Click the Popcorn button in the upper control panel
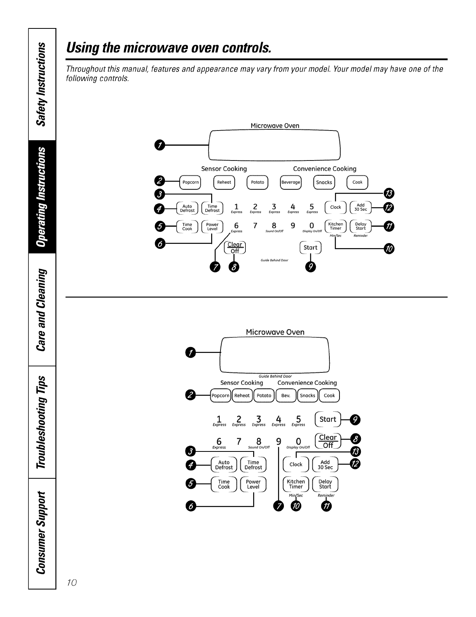191,182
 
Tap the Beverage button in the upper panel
291,182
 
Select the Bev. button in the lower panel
285,395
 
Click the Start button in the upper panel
310,248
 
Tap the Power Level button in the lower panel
253,484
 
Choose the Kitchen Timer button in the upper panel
336,226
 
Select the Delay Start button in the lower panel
325,484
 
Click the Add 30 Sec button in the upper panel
361,207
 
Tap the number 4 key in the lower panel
278,420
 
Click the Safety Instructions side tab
42,83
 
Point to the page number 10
72,583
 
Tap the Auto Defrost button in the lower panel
224,465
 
